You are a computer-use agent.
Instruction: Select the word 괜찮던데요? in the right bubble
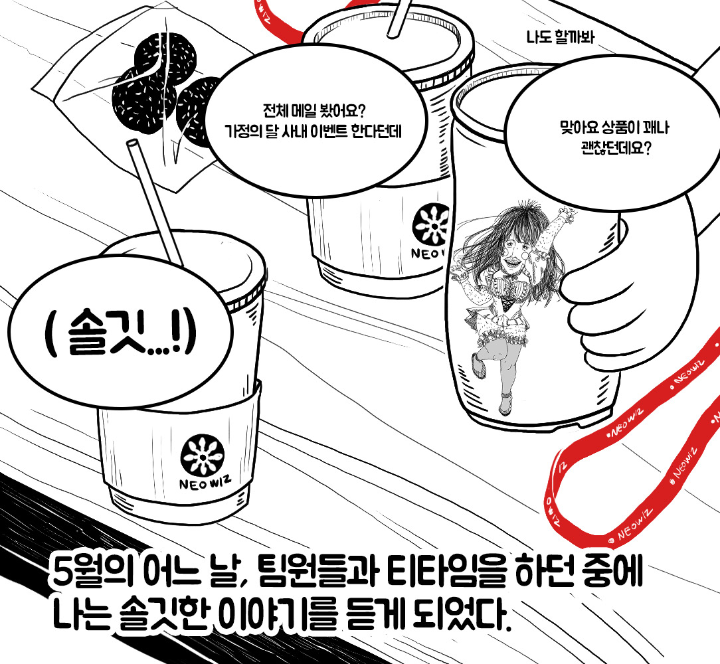[x=614, y=148]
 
